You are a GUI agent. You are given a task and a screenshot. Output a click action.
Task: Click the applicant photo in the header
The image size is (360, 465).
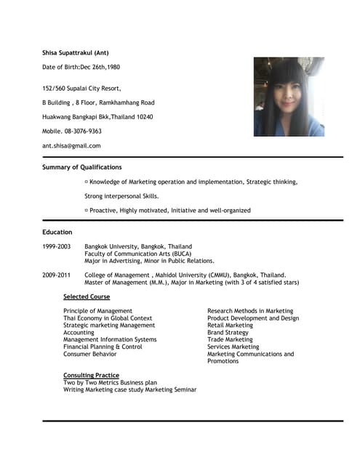(x=289, y=97)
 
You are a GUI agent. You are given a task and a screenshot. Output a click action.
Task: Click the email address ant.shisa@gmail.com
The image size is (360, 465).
(x=71, y=145)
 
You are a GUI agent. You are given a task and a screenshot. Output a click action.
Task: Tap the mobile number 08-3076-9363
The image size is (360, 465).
(x=72, y=131)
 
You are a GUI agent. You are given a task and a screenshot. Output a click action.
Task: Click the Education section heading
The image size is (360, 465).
(x=57, y=232)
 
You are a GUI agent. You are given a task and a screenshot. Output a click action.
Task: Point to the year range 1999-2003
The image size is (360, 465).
(x=57, y=247)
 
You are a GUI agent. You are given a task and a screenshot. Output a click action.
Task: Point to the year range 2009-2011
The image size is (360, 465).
(x=57, y=275)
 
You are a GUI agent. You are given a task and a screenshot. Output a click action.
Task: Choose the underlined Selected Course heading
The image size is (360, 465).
(x=87, y=296)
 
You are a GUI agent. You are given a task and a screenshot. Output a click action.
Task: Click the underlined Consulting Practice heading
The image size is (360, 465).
(x=91, y=375)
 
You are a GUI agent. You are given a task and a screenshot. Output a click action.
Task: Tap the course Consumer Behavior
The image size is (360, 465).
(x=89, y=354)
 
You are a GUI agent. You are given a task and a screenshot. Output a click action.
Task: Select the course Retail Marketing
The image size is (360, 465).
(x=230, y=325)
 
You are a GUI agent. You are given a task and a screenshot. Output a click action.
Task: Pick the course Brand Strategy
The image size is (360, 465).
(x=228, y=333)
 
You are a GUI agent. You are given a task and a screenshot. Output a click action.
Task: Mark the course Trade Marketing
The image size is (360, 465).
(x=230, y=339)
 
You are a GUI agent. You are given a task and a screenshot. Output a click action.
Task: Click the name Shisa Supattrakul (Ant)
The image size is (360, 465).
(x=76, y=53)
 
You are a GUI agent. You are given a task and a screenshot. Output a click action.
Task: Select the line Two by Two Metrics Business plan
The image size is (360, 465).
(x=110, y=382)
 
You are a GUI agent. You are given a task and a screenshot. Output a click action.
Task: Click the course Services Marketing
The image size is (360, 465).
(x=233, y=347)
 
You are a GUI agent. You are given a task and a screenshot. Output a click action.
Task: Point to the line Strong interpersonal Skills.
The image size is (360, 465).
(x=121, y=196)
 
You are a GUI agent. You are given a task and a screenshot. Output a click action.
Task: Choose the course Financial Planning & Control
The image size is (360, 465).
(x=103, y=347)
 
